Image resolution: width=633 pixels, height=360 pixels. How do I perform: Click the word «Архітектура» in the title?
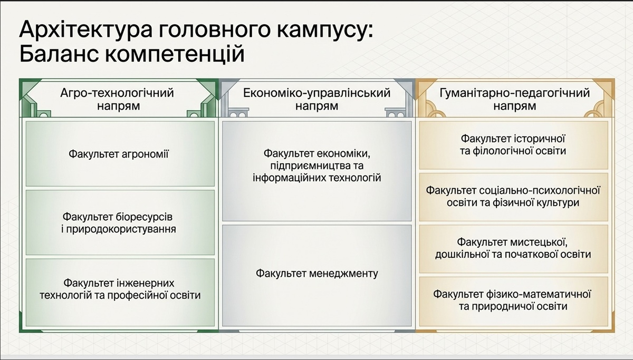click(x=85, y=29)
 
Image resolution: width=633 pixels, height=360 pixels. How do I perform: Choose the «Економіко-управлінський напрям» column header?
click(x=317, y=99)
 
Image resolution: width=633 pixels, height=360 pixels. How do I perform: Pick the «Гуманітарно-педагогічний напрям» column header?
click(x=515, y=99)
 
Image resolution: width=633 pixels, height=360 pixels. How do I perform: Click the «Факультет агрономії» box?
click(x=120, y=153)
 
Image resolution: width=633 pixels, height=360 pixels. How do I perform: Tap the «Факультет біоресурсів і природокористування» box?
click(x=120, y=222)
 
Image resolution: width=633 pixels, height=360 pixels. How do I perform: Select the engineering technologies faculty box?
click(x=120, y=292)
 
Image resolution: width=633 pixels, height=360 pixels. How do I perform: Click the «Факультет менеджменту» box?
click(x=317, y=276)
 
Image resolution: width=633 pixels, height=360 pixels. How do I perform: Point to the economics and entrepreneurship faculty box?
click(x=317, y=171)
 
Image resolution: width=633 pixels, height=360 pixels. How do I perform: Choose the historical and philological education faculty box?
click(x=513, y=145)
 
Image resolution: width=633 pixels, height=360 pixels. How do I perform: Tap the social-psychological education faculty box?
click(x=513, y=197)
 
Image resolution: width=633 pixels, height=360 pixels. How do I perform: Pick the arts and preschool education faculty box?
click(x=513, y=249)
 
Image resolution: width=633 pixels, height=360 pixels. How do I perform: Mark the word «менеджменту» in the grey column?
click(x=343, y=274)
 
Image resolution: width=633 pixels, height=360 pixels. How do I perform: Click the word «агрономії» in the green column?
click(x=145, y=154)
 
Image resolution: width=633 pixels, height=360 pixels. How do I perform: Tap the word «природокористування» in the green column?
click(x=121, y=229)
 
